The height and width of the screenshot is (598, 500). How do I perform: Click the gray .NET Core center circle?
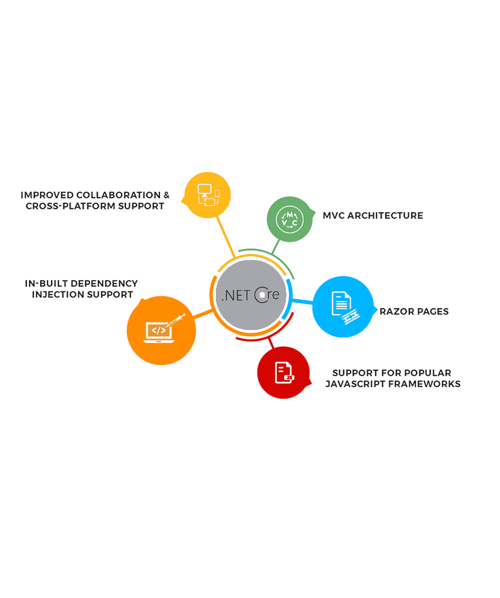click(x=251, y=294)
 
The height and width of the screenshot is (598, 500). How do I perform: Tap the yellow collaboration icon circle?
click(x=208, y=195)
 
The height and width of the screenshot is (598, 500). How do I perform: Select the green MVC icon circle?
click(x=289, y=219)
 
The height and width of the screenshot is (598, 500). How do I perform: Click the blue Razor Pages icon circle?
click(x=343, y=306)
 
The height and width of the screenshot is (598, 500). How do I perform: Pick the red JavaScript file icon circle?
click(x=283, y=372)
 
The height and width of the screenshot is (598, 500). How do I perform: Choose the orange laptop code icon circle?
click(x=161, y=331)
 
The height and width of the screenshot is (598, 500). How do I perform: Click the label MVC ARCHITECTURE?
click(x=373, y=216)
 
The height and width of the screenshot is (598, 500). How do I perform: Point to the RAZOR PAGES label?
click(x=414, y=312)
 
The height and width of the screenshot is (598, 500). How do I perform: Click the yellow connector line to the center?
click(x=226, y=237)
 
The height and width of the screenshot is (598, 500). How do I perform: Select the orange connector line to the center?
click(x=203, y=313)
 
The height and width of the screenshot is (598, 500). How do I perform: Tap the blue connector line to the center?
click(x=302, y=301)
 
